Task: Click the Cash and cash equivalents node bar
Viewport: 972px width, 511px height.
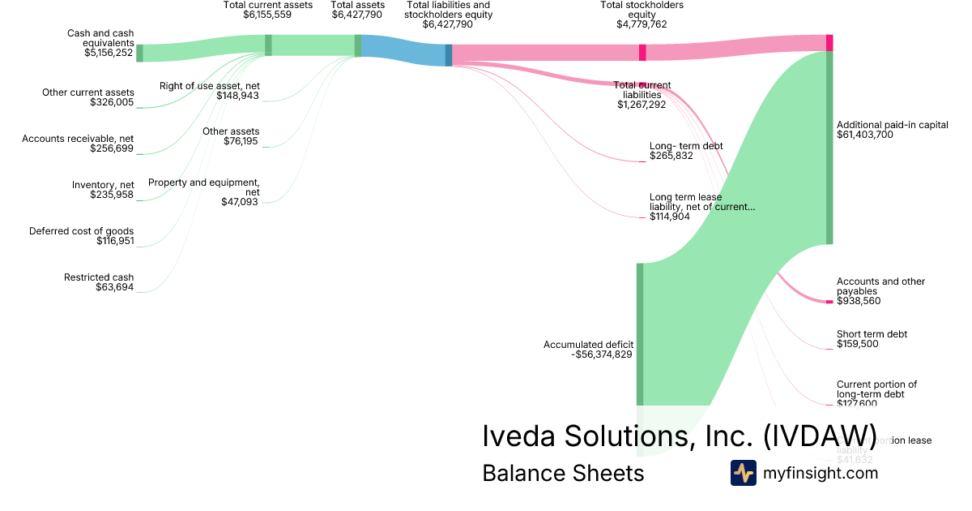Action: (139, 53)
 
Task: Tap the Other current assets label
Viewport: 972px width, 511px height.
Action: (88, 92)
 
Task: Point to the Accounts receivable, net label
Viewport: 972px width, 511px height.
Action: (78, 139)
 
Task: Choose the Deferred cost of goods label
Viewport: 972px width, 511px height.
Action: (81, 231)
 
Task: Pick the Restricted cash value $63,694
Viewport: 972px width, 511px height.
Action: (114, 287)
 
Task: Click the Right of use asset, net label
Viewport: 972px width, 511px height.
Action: (210, 86)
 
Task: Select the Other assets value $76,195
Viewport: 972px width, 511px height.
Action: (241, 141)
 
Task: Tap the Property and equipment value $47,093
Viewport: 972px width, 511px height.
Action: (240, 202)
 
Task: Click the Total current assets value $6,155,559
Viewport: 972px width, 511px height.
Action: (267, 15)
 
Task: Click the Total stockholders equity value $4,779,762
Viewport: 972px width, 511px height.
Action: (642, 24)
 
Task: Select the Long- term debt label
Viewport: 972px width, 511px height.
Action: (686, 146)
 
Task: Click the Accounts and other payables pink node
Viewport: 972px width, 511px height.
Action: (829, 302)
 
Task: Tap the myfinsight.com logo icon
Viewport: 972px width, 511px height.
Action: (743, 473)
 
